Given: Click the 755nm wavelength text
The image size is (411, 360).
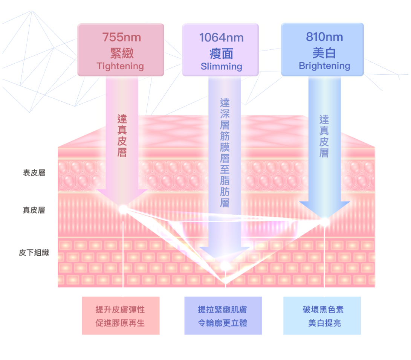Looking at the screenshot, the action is click(x=122, y=37).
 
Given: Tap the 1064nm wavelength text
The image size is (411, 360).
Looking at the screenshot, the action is click(x=222, y=37).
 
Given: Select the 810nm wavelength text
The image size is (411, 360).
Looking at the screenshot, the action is click(x=324, y=37).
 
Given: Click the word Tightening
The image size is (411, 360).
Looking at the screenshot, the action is click(x=120, y=66).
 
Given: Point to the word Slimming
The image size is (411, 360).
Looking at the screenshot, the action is click(x=222, y=66).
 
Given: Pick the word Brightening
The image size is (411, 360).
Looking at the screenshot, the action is click(x=324, y=66).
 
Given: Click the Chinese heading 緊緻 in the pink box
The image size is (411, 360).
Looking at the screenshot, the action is click(x=122, y=53).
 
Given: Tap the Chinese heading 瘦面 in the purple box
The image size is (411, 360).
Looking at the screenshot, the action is click(x=222, y=54).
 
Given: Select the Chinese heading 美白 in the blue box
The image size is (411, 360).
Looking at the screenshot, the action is click(x=324, y=53).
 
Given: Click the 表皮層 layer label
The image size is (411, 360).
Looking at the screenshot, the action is click(x=34, y=173).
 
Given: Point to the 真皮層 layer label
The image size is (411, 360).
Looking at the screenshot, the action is click(x=34, y=210).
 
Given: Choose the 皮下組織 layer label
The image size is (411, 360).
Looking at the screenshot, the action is click(x=34, y=253).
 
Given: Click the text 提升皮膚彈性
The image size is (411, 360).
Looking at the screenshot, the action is click(x=120, y=310).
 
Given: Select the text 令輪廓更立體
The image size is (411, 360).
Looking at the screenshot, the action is click(x=223, y=323).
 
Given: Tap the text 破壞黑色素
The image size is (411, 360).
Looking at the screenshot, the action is click(x=323, y=310).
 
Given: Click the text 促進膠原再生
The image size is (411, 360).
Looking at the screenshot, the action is click(x=120, y=323).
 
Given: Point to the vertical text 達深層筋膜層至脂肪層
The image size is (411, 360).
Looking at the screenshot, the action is click(x=225, y=153).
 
